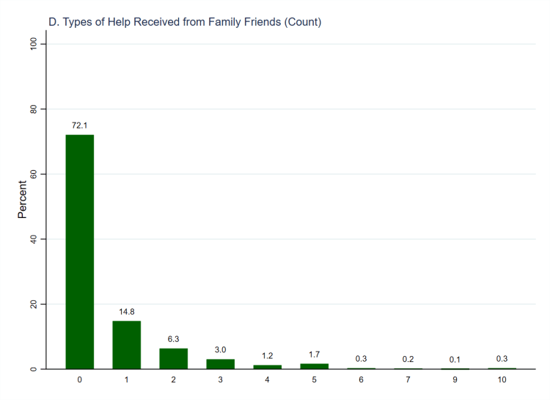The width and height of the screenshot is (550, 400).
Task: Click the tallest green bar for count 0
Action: [x=79, y=251]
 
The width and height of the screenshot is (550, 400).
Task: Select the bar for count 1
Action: [x=126, y=344]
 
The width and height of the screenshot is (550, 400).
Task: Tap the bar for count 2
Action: [x=173, y=358]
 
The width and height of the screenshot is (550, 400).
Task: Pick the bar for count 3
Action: [x=220, y=363]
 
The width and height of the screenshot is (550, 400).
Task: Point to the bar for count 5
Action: [x=314, y=366]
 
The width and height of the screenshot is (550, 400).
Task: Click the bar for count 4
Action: [x=267, y=366]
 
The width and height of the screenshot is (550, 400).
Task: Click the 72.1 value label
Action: [x=79, y=126]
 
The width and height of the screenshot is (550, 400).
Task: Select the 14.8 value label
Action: [x=126, y=312]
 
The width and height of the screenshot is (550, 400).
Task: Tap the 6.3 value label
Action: [x=173, y=339]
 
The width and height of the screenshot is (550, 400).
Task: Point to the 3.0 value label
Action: [x=220, y=350]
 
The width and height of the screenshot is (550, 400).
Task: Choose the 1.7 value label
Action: [x=314, y=354]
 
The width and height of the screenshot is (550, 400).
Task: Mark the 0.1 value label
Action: [x=455, y=359]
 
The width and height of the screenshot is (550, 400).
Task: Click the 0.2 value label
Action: [x=408, y=359]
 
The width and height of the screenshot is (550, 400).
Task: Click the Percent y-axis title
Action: [x=22, y=200]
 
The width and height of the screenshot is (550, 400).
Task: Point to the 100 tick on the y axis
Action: [x=33, y=44]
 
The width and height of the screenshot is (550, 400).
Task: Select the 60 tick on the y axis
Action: [x=33, y=174]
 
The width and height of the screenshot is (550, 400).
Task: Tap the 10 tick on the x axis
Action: [x=502, y=380]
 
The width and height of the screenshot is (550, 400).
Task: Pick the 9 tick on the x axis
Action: [x=455, y=380]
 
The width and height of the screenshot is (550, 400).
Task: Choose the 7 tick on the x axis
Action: [x=408, y=380]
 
